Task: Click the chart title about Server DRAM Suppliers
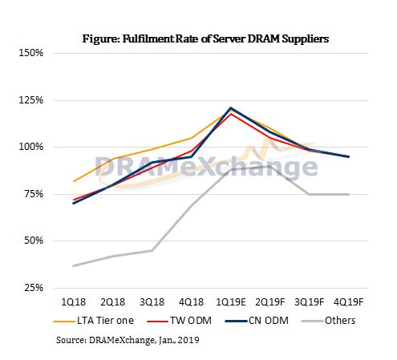tap(206, 37)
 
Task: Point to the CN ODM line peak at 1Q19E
tap(231, 107)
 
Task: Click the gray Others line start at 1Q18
tap(74, 265)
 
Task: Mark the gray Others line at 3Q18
tap(152, 250)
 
